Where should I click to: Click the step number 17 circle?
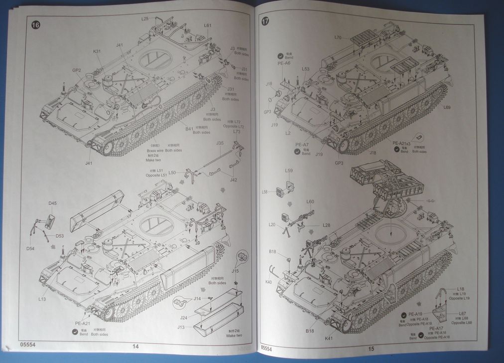click(265, 21)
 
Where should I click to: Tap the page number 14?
click(135, 347)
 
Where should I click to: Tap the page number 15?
click(371, 349)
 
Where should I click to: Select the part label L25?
click(145, 18)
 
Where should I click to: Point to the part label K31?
click(97, 51)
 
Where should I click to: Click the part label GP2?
click(76, 70)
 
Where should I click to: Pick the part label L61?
click(208, 25)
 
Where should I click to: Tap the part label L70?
click(338, 37)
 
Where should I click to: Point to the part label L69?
click(446, 108)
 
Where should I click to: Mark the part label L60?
click(310, 201)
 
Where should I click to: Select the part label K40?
click(268, 282)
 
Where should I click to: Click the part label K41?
click(328, 338)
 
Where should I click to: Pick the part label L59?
click(289, 171)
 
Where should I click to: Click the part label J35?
click(220, 143)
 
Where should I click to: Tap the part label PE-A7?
click(302, 145)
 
